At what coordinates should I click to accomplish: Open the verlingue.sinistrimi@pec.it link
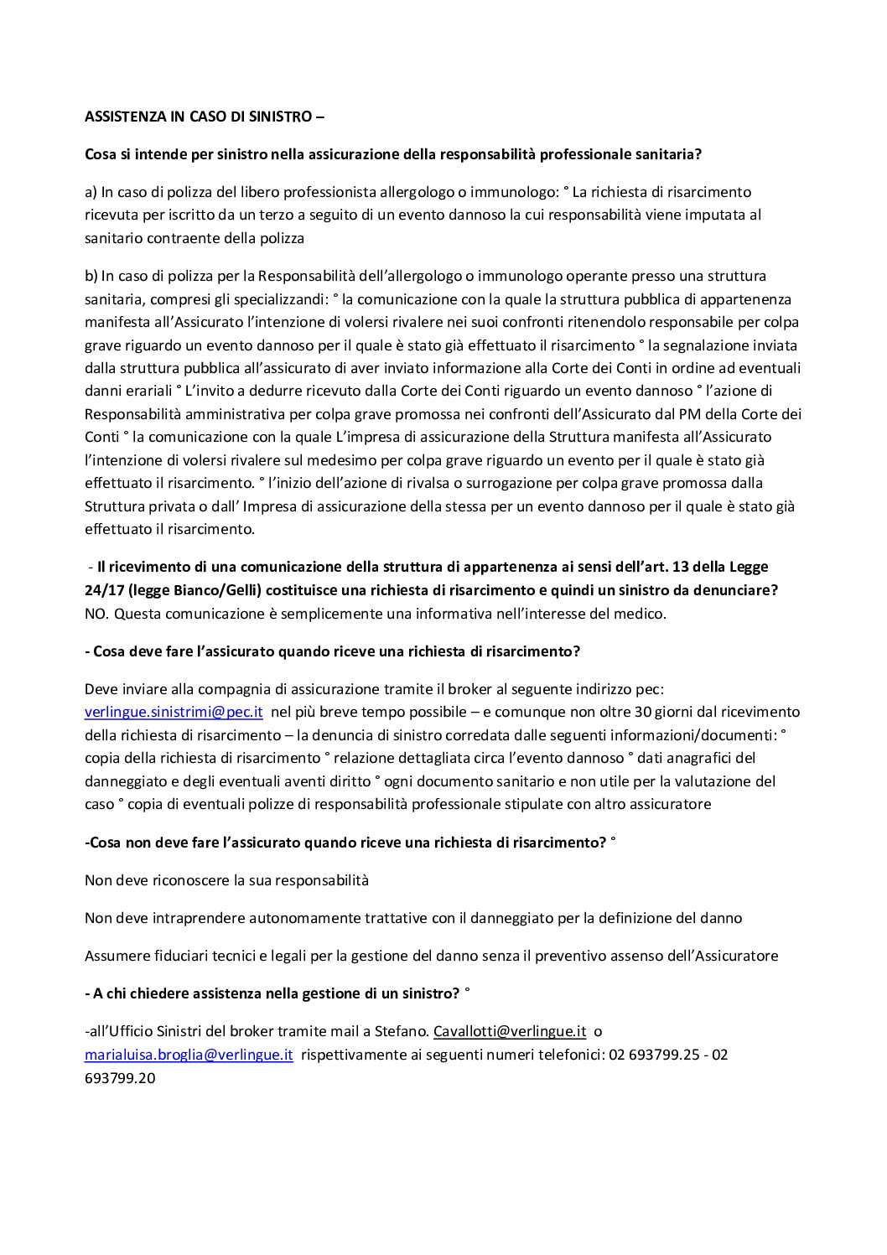click(174, 712)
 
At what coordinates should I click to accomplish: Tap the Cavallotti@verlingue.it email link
click(509, 1031)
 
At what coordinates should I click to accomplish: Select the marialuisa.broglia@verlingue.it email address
click(189, 1055)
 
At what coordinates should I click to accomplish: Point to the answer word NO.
click(96, 614)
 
